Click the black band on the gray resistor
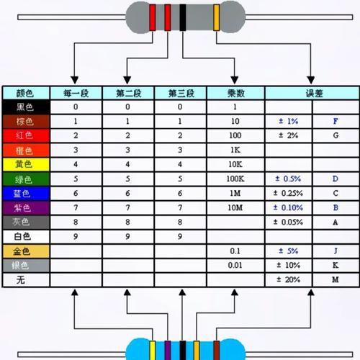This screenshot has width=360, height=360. (183, 17)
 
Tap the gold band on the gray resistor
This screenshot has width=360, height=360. (217, 17)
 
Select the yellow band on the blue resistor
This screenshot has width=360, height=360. (153, 350)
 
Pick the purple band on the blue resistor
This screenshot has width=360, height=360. (168, 350)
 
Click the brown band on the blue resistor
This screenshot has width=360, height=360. (217, 350)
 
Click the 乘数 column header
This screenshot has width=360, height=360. (235, 93)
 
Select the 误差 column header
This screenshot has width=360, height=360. (312, 93)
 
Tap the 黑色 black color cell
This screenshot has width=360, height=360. (26, 107)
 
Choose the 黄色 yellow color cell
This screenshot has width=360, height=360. (26, 164)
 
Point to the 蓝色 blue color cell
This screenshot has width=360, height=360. (26, 194)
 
